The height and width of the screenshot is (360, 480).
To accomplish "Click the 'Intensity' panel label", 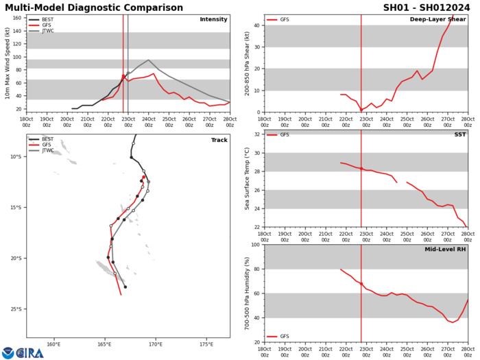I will click(213, 19).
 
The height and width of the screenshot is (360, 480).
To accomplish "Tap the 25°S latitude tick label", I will click(14, 309).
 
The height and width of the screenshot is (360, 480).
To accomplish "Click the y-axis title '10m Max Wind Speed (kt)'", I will click(7, 63).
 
